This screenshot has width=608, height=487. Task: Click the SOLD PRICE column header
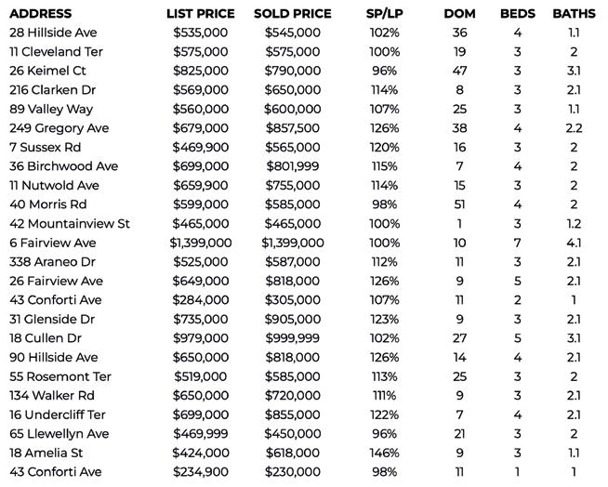coord(292,14)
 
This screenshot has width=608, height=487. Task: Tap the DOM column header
coord(459,14)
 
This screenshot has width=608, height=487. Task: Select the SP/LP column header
coord(384,14)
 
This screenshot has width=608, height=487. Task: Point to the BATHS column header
coord(574,14)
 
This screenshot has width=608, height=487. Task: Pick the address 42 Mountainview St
coord(70,224)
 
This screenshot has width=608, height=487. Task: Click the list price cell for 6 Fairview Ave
coord(200,243)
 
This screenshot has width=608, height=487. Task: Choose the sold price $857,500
coord(292,128)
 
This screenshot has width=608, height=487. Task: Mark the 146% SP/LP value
coord(384,453)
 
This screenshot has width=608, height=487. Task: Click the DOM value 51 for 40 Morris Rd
coord(459,204)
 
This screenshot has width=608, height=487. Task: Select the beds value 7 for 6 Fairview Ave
coord(518,243)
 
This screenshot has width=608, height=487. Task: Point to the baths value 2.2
coord(574,128)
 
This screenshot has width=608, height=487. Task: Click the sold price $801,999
coord(292,166)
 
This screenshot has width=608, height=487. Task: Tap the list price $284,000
coord(200,300)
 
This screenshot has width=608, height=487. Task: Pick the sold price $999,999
coord(292,338)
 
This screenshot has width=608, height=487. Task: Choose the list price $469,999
coord(200,433)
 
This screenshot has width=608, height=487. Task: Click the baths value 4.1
coord(574,243)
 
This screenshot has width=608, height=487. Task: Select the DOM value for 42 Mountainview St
coord(459,224)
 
